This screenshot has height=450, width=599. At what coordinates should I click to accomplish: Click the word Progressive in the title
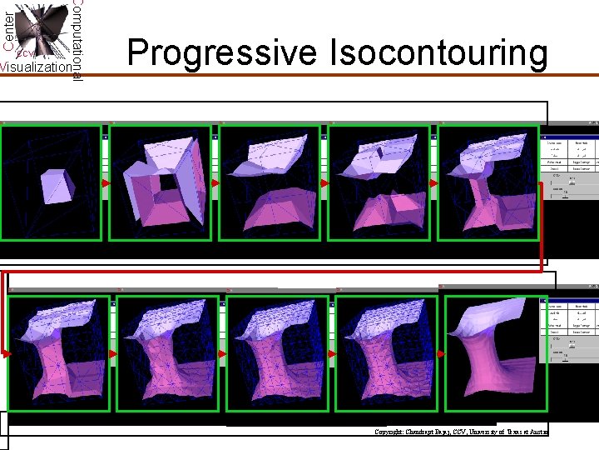tap(222, 53)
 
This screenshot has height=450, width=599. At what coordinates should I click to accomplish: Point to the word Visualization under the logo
tap(36, 67)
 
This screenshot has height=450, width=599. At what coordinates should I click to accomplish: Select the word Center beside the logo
tap(8, 29)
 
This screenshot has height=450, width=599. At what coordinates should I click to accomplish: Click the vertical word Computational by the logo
tap(77, 40)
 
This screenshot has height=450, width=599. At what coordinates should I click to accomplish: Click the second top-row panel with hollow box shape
tap(161, 183)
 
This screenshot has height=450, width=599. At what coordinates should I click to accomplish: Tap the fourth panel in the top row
tap(379, 183)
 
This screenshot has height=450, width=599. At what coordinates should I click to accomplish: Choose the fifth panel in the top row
tap(488, 183)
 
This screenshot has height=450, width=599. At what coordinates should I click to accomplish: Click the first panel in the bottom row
tap(58, 353)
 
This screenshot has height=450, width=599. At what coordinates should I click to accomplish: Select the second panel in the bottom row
tap(167, 353)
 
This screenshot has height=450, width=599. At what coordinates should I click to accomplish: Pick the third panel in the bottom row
tap(277, 353)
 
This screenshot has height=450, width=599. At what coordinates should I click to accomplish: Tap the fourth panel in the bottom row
tap(386, 353)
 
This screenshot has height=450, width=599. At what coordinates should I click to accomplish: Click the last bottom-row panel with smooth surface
tap(496, 353)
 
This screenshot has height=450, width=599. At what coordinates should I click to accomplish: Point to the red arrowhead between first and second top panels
tap(106, 183)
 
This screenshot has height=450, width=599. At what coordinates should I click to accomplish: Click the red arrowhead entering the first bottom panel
tap(7, 353)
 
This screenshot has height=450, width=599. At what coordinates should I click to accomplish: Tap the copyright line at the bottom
tap(461, 432)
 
